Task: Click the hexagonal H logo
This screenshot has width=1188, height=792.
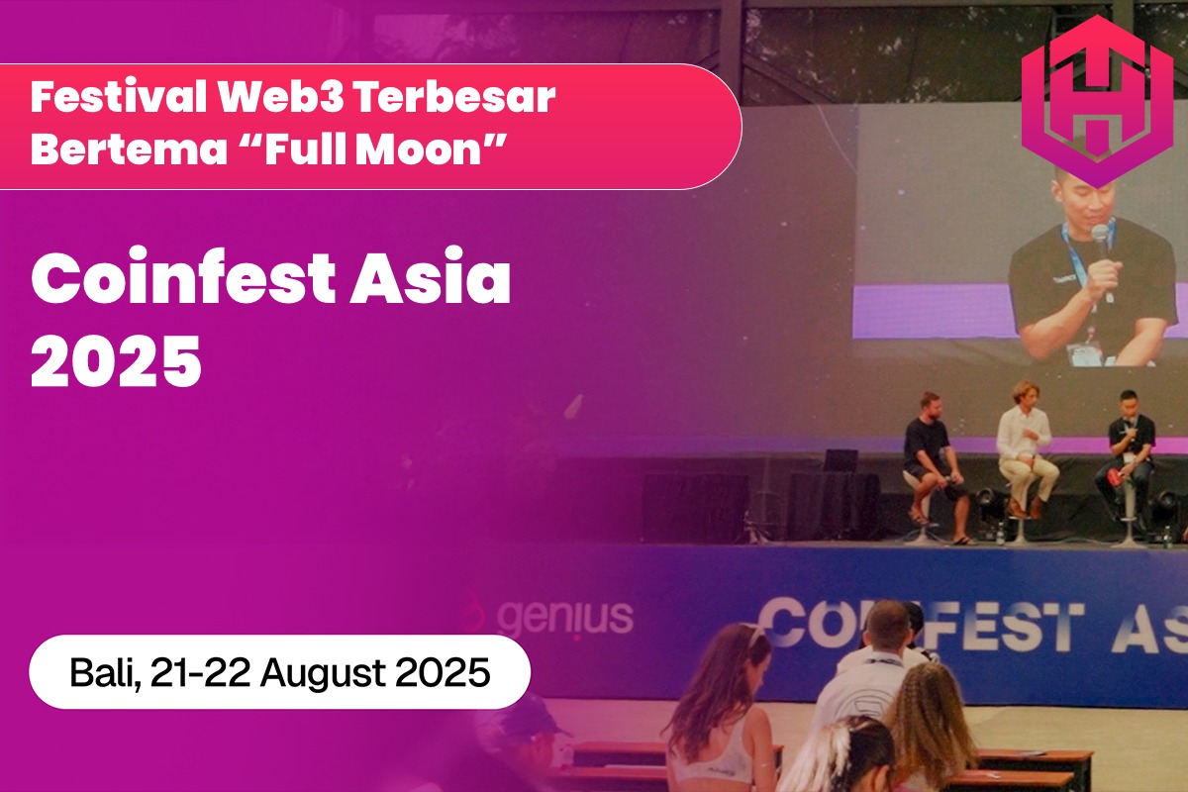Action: [x=1095, y=100]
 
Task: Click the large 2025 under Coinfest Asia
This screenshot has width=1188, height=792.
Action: [x=116, y=361]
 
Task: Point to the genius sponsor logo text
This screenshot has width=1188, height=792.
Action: [x=564, y=616]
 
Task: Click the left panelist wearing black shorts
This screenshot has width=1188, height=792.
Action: [x=931, y=455]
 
